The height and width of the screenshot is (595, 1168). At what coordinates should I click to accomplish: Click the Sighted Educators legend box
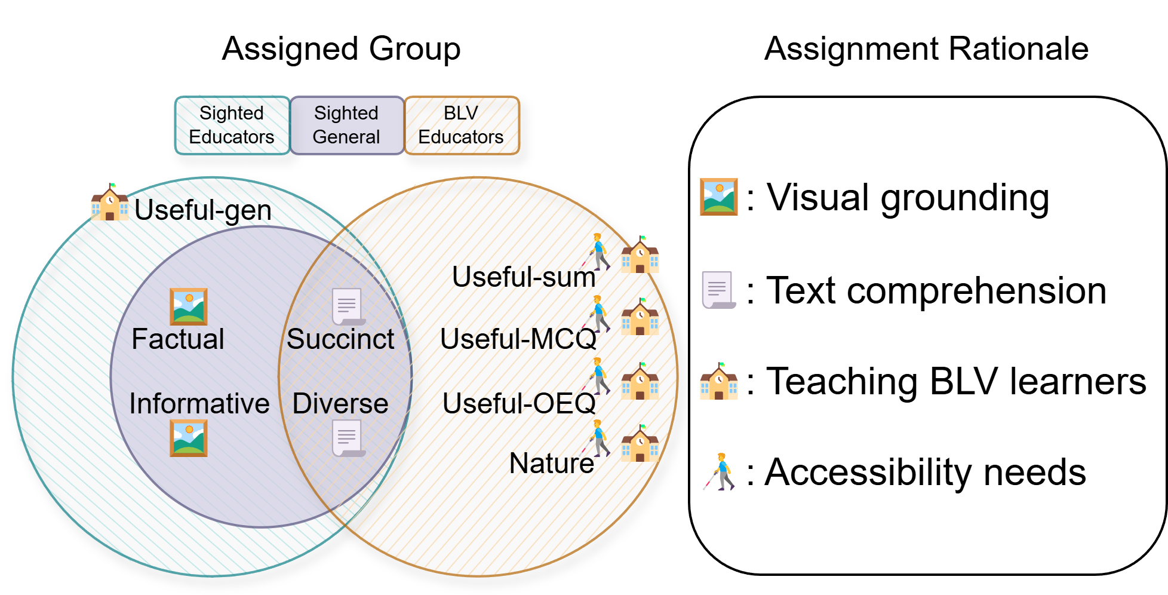(232, 125)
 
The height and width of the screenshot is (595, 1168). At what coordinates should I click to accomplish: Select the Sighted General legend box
(346, 125)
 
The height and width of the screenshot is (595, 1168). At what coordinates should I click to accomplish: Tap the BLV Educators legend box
(461, 125)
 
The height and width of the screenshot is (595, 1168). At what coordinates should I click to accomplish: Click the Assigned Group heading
(341, 49)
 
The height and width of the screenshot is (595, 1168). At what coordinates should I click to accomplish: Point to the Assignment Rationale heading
(926, 49)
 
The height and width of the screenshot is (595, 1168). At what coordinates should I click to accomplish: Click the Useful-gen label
(203, 210)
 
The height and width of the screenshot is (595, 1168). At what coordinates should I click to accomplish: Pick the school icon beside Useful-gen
(109, 203)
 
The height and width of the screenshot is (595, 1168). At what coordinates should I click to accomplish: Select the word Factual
(178, 339)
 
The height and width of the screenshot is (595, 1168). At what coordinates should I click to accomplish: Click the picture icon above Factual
(188, 306)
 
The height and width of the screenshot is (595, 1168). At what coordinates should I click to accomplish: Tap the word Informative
(199, 404)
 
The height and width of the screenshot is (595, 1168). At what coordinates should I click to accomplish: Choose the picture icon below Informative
(188, 438)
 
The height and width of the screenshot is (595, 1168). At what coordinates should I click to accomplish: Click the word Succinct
(340, 339)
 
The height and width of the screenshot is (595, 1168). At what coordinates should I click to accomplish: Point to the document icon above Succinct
(348, 306)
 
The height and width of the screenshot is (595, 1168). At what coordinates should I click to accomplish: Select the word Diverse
(340, 404)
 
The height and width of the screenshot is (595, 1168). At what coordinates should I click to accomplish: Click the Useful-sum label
(524, 277)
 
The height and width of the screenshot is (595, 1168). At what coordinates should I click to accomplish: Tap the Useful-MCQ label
(518, 339)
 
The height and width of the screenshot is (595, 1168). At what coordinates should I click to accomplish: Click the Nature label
(551, 464)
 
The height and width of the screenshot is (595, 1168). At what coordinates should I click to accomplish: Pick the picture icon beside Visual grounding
(718, 197)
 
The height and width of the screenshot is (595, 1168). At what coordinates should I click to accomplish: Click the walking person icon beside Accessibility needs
(721, 472)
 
